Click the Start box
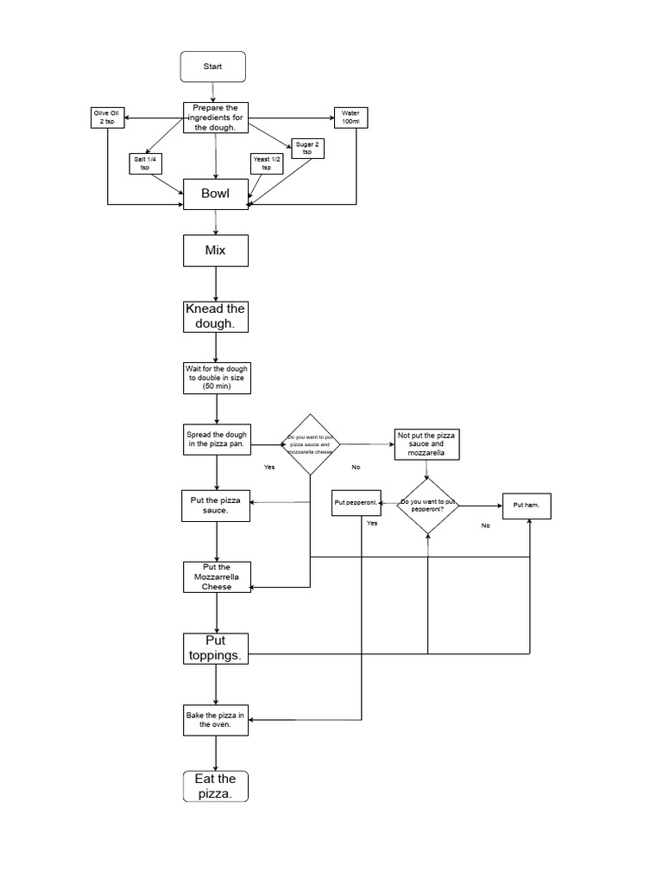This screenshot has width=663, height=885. (213, 67)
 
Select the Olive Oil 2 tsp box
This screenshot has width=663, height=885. (109, 118)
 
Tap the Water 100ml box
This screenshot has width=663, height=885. (350, 118)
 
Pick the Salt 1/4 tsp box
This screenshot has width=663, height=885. (145, 162)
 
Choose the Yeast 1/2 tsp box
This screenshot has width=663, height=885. (266, 162)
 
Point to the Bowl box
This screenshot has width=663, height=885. (216, 194)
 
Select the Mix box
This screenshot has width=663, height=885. (216, 251)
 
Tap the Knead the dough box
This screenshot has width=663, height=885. (216, 316)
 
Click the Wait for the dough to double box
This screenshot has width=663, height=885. (216, 378)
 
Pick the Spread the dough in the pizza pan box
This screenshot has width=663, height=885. (216, 439)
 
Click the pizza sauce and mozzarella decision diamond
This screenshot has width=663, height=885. (311, 444)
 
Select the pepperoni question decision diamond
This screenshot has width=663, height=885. (427, 506)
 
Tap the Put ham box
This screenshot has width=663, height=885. (527, 505)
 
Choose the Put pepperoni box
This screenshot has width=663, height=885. (357, 504)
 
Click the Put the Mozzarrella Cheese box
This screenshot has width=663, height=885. (217, 576)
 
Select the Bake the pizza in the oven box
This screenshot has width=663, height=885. (216, 720)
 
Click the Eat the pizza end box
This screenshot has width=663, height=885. (216, 786)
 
